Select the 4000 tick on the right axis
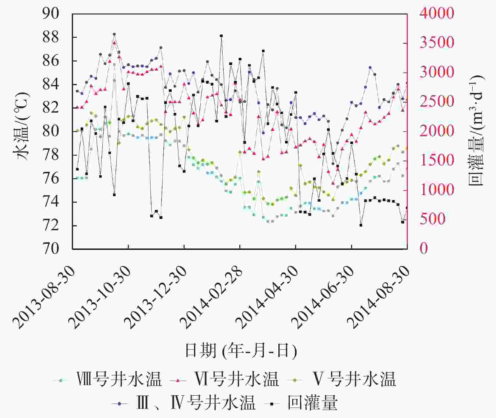click(436, 14)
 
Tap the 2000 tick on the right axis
click(436, 131)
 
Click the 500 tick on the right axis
click(432, 219)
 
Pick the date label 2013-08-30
click(44, 297)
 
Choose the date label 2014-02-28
click(212, 297)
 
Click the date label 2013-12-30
click(156, 297)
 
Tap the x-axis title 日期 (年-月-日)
click(241, 350)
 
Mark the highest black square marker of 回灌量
click(221, 36)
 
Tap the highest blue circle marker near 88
click(114, 34)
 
